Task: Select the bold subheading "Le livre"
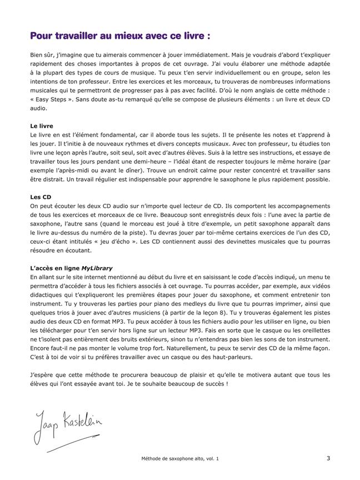[x=42, y=126]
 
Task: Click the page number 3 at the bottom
[x=328, y=458]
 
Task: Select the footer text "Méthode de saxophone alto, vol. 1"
[x=180, y=459]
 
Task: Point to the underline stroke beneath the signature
[x=61, y=447]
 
